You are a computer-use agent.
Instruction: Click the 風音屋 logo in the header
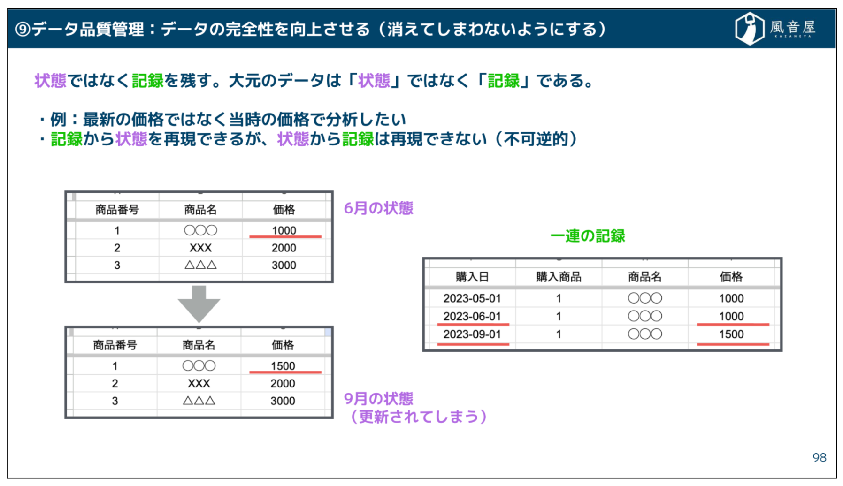tap(775, 29)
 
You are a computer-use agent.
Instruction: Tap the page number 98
tap(819, 457)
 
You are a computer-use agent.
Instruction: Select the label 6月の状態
tap(378, 208)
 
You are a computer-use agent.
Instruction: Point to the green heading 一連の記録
tap(588, 236)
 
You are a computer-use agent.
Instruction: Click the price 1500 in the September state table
tap(283, 366)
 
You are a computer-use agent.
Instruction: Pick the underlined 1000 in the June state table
tap(284, 230)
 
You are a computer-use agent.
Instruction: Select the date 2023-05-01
tap(472, 298)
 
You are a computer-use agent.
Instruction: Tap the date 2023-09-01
tap(472, 334)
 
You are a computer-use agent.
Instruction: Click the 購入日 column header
tap(472, 277)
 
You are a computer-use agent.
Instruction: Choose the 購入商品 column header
tap(559, 277)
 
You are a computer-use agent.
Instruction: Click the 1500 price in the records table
tap(731, 334)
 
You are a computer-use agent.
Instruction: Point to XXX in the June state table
tap(200, 248)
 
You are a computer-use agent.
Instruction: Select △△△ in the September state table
tap(199, 401)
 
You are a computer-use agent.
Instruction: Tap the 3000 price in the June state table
tap(284, 265)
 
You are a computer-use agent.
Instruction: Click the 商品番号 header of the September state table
tap(115, 345)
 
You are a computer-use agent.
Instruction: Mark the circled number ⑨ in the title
tap(23, 30)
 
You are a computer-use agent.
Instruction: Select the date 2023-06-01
tap(472, 317)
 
